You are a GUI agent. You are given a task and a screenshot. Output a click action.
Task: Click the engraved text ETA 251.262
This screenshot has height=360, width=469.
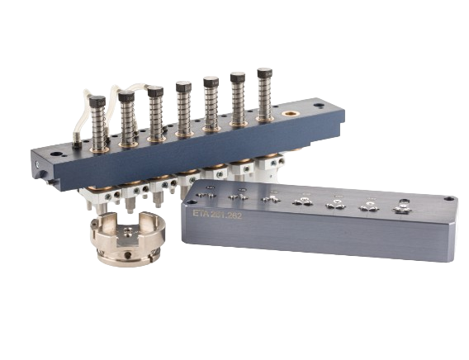(x=216, y=213)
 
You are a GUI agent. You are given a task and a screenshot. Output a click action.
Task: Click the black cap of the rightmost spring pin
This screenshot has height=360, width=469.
(x=264, y=73)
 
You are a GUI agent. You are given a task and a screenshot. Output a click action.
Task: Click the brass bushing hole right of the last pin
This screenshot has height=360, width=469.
(x=291, y=111)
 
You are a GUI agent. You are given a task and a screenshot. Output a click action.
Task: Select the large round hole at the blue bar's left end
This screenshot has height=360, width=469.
(x=56, y=154)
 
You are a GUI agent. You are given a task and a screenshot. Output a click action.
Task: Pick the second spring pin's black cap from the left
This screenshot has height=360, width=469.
(x=126, y=97)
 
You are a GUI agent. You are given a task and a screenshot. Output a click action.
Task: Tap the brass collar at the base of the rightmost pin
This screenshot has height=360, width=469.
(x=265, y=118)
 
